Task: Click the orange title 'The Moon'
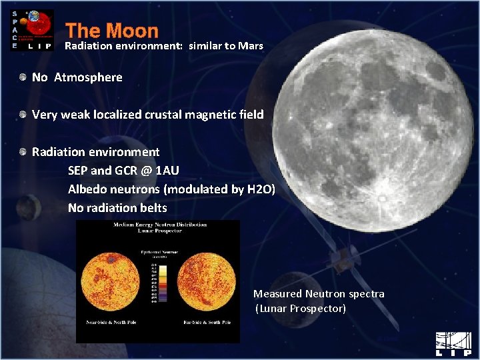pos(112,31)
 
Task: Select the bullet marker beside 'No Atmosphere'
pos(24,77)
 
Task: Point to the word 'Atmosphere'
pos(88,77)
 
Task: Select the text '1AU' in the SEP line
pos(166,171)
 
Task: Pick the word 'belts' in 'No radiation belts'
pos(153,208)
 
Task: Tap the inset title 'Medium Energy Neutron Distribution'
pos(158,225)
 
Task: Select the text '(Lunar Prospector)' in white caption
pos(301,309)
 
